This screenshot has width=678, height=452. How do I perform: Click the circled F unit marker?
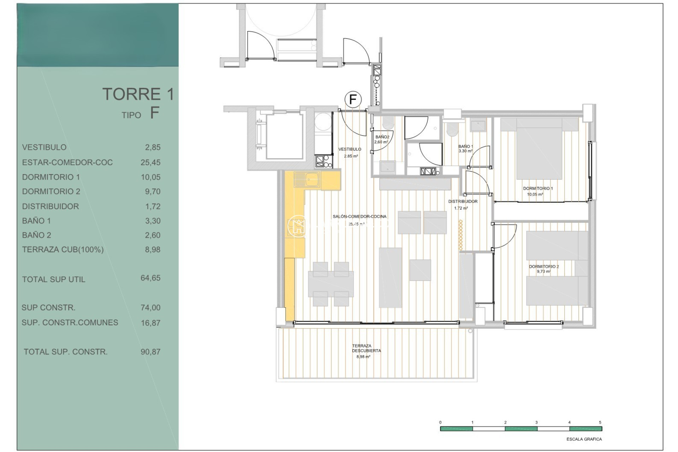[x=353, y=100]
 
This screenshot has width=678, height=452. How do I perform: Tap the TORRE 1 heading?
[x=138, y=94]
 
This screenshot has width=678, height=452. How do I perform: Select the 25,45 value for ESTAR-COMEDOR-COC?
[x=150, y=162]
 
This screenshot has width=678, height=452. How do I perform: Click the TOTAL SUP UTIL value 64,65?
[x=150, y=278]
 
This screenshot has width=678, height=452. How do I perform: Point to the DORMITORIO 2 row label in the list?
[x=51, y=191]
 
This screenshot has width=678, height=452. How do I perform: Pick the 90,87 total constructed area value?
[x=150, y=352]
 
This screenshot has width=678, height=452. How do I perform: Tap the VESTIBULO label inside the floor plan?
[x=350, y=149]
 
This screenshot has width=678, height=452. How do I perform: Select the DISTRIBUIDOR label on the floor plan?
[x=463, y=201]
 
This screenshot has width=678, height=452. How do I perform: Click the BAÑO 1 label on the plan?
[x=465, y=146]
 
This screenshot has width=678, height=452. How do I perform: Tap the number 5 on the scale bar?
[x=600, y=422]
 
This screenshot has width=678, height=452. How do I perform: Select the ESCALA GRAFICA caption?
[x=584, y=439]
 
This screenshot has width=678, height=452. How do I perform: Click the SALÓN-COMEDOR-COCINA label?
[x=359, y=216]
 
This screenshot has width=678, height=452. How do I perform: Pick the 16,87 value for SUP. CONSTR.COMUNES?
[x=150, y=323]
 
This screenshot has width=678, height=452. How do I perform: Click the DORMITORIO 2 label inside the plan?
[x=544, y=267]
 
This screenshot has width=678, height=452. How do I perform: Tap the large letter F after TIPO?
[x=155, y=113]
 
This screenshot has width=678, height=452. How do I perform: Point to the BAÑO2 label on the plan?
[x=382, y=137]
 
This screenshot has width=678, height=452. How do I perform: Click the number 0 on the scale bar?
[x=440, y=422]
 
